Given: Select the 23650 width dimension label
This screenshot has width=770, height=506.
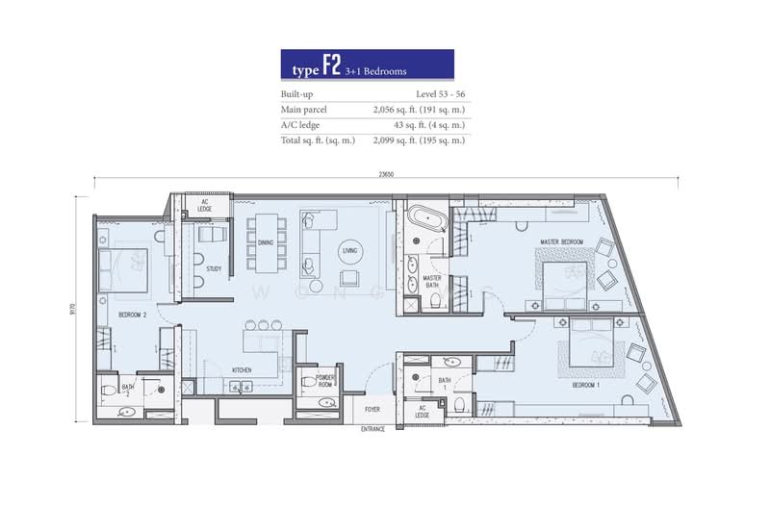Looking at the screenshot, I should [x=386, y=174].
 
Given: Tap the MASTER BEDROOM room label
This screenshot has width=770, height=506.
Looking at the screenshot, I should [x=563, y=241].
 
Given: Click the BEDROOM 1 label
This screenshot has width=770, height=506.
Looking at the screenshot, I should [x=586, y=385].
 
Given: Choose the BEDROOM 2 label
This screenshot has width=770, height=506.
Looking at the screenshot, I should [x=133, y=315].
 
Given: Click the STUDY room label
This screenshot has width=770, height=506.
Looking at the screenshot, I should [x=214, y=269].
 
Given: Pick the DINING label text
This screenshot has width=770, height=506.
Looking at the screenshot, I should [x=266, y=242].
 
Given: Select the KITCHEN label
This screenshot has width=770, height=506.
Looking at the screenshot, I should [x=242, y=369].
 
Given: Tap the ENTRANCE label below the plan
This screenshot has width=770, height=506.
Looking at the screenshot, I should [x=372, y=429].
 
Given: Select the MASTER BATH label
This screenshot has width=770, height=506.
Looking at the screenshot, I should [x=431, y=282].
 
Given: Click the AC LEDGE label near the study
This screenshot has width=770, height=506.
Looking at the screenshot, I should [x=205, y=205].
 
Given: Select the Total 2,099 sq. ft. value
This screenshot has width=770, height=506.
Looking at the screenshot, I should [x=419, y=140].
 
